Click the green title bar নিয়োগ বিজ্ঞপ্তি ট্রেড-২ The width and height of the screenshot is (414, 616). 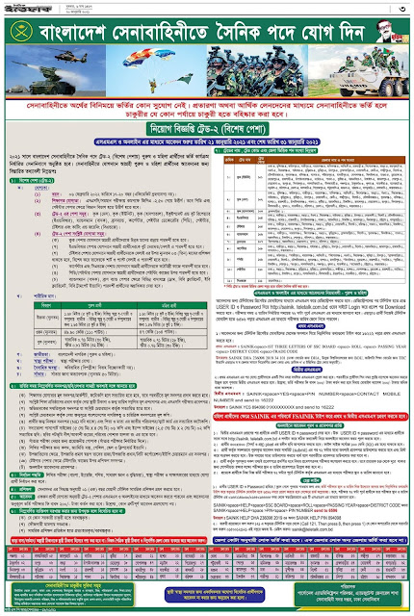coord(207,152)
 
